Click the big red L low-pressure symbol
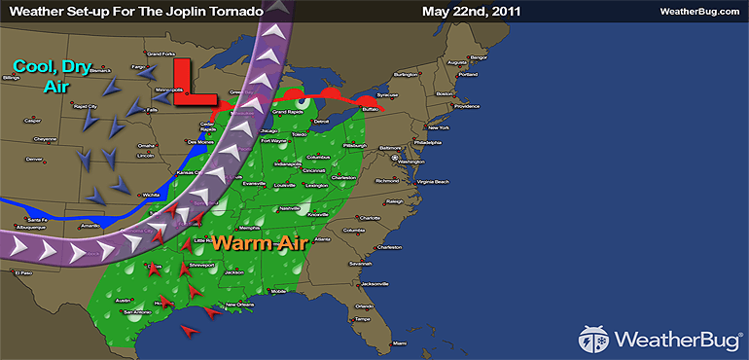coord(193,84)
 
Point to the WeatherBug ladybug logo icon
coord(594,339)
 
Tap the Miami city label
coord(399,343)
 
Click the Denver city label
coord(35,159)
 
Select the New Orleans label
coord(242,306)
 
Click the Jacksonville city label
coord(374,283)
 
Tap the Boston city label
coord(446,93)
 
